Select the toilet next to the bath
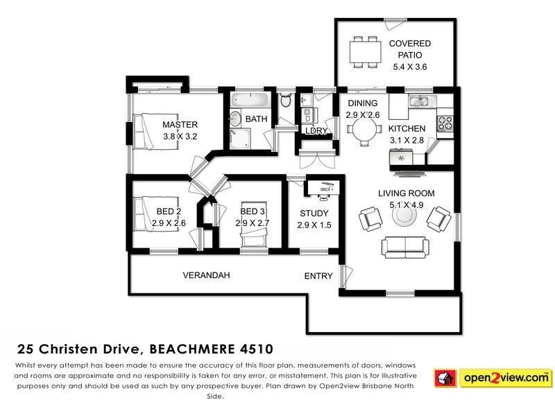(285, 101)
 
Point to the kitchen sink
(420, 103)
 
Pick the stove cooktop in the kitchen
(444, 124)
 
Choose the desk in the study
(321, 188)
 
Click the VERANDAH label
(206, 275)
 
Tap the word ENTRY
(318, 276)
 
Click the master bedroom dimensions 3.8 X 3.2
(180, 137)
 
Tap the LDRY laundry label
(316, 131)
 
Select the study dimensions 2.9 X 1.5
(314, 225)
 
